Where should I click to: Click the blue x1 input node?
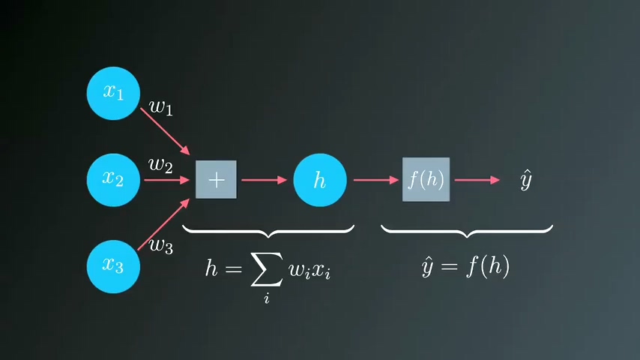pos(113,92)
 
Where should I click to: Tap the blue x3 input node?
pos(113,265)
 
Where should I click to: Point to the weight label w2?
pos(160,165)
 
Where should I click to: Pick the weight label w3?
pos(161,244)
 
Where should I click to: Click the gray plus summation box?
pos(216,179)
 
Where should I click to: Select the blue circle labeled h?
pos(320,179)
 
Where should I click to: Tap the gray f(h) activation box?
pos(426,179)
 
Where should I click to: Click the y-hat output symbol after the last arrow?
pos(526,180)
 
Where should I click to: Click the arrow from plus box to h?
pos(264,179)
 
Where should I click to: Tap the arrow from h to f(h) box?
pos(375,179)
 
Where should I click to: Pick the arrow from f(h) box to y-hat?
pos(476,179)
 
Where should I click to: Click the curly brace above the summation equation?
pos(268,231)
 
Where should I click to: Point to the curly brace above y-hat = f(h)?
pos(467,231)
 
